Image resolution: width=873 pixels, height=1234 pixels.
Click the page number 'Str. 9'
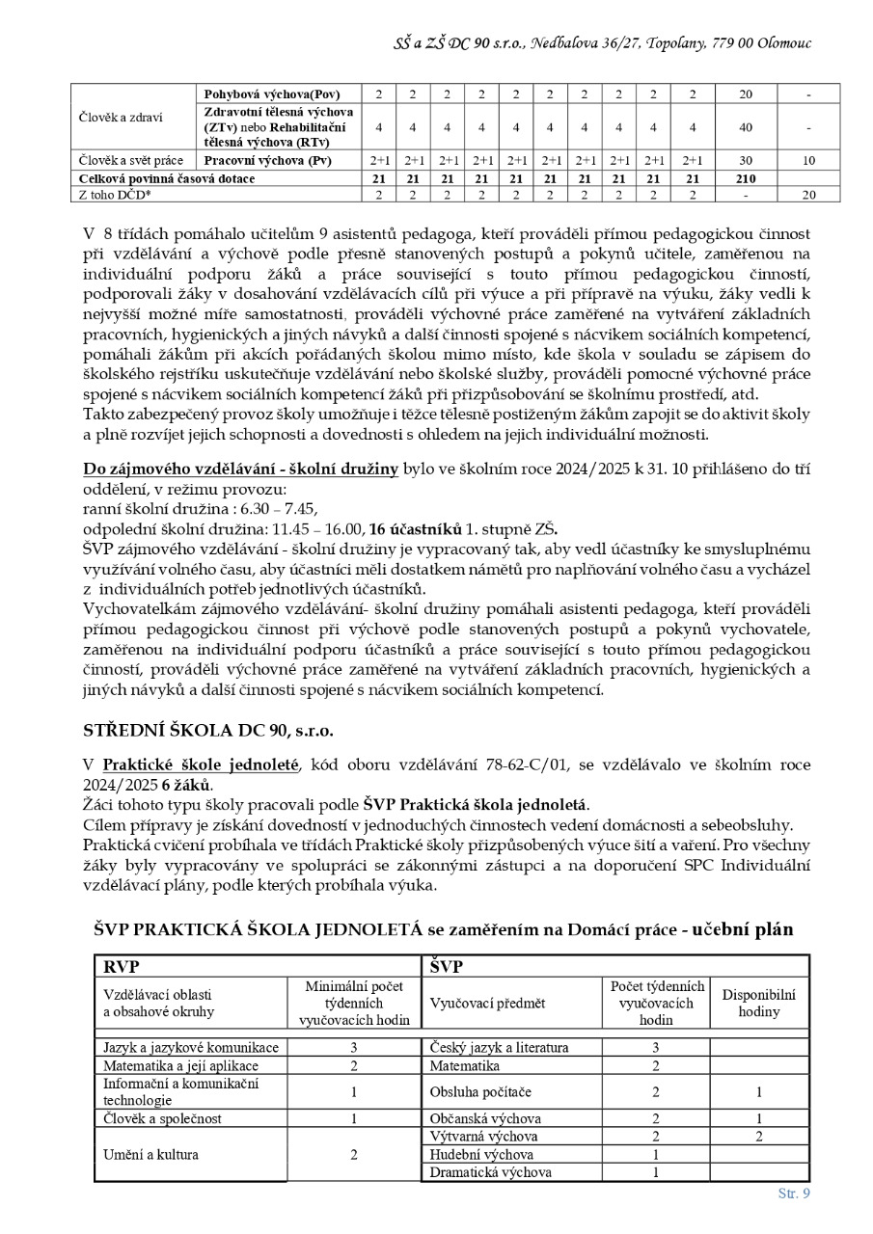[794, 1194]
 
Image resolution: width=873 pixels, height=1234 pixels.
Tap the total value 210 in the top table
[745, 178]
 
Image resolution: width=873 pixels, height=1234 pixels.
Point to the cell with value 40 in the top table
[745, 126]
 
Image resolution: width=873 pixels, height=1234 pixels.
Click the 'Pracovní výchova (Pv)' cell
[267, 160]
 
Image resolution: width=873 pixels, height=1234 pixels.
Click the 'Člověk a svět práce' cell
[131, 160]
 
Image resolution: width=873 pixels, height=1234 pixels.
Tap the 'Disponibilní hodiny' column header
[759, 1004]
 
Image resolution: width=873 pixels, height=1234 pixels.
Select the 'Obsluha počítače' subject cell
[480, 1091]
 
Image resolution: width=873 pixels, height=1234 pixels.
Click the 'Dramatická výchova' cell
[490, 1172]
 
